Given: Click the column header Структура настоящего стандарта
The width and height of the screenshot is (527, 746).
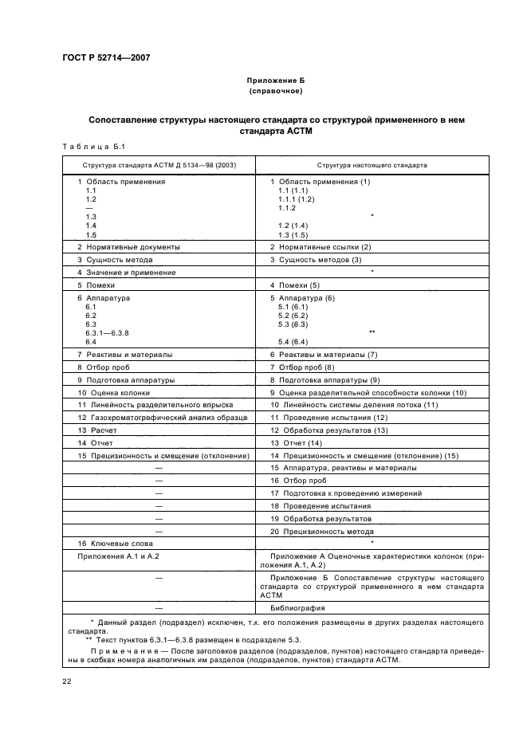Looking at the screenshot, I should tap(372, 165).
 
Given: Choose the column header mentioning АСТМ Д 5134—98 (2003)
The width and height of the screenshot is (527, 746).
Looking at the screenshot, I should tap(158, 165).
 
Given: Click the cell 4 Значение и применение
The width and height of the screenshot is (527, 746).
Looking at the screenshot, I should tap(126, 272).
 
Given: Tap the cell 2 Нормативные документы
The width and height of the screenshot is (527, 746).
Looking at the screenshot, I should tap(128, 246).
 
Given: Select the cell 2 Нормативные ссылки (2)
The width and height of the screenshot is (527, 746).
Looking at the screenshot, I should tap(321, 246).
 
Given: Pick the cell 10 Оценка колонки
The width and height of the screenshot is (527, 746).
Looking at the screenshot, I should tap(113, 392).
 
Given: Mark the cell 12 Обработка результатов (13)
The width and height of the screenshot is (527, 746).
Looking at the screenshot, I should tap(328, 430).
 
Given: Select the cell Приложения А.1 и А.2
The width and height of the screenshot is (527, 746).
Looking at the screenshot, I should tap(116, 554).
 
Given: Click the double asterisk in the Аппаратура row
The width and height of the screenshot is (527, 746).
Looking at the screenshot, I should tap(372, 332).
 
